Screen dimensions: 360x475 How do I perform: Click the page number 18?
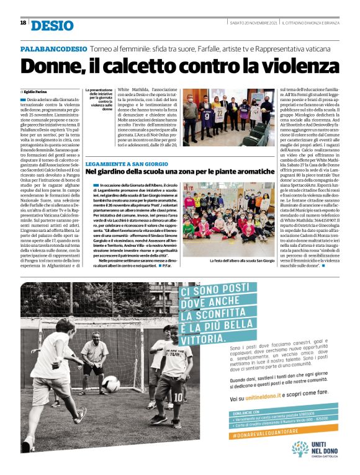click(x=23, y=22)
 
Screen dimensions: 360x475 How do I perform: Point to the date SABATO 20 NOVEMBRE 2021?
click(x=251, y=23)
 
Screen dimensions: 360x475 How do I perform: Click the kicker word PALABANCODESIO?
click(x=53, y=48)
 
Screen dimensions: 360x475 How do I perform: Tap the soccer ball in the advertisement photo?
click(x=111, y=384)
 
